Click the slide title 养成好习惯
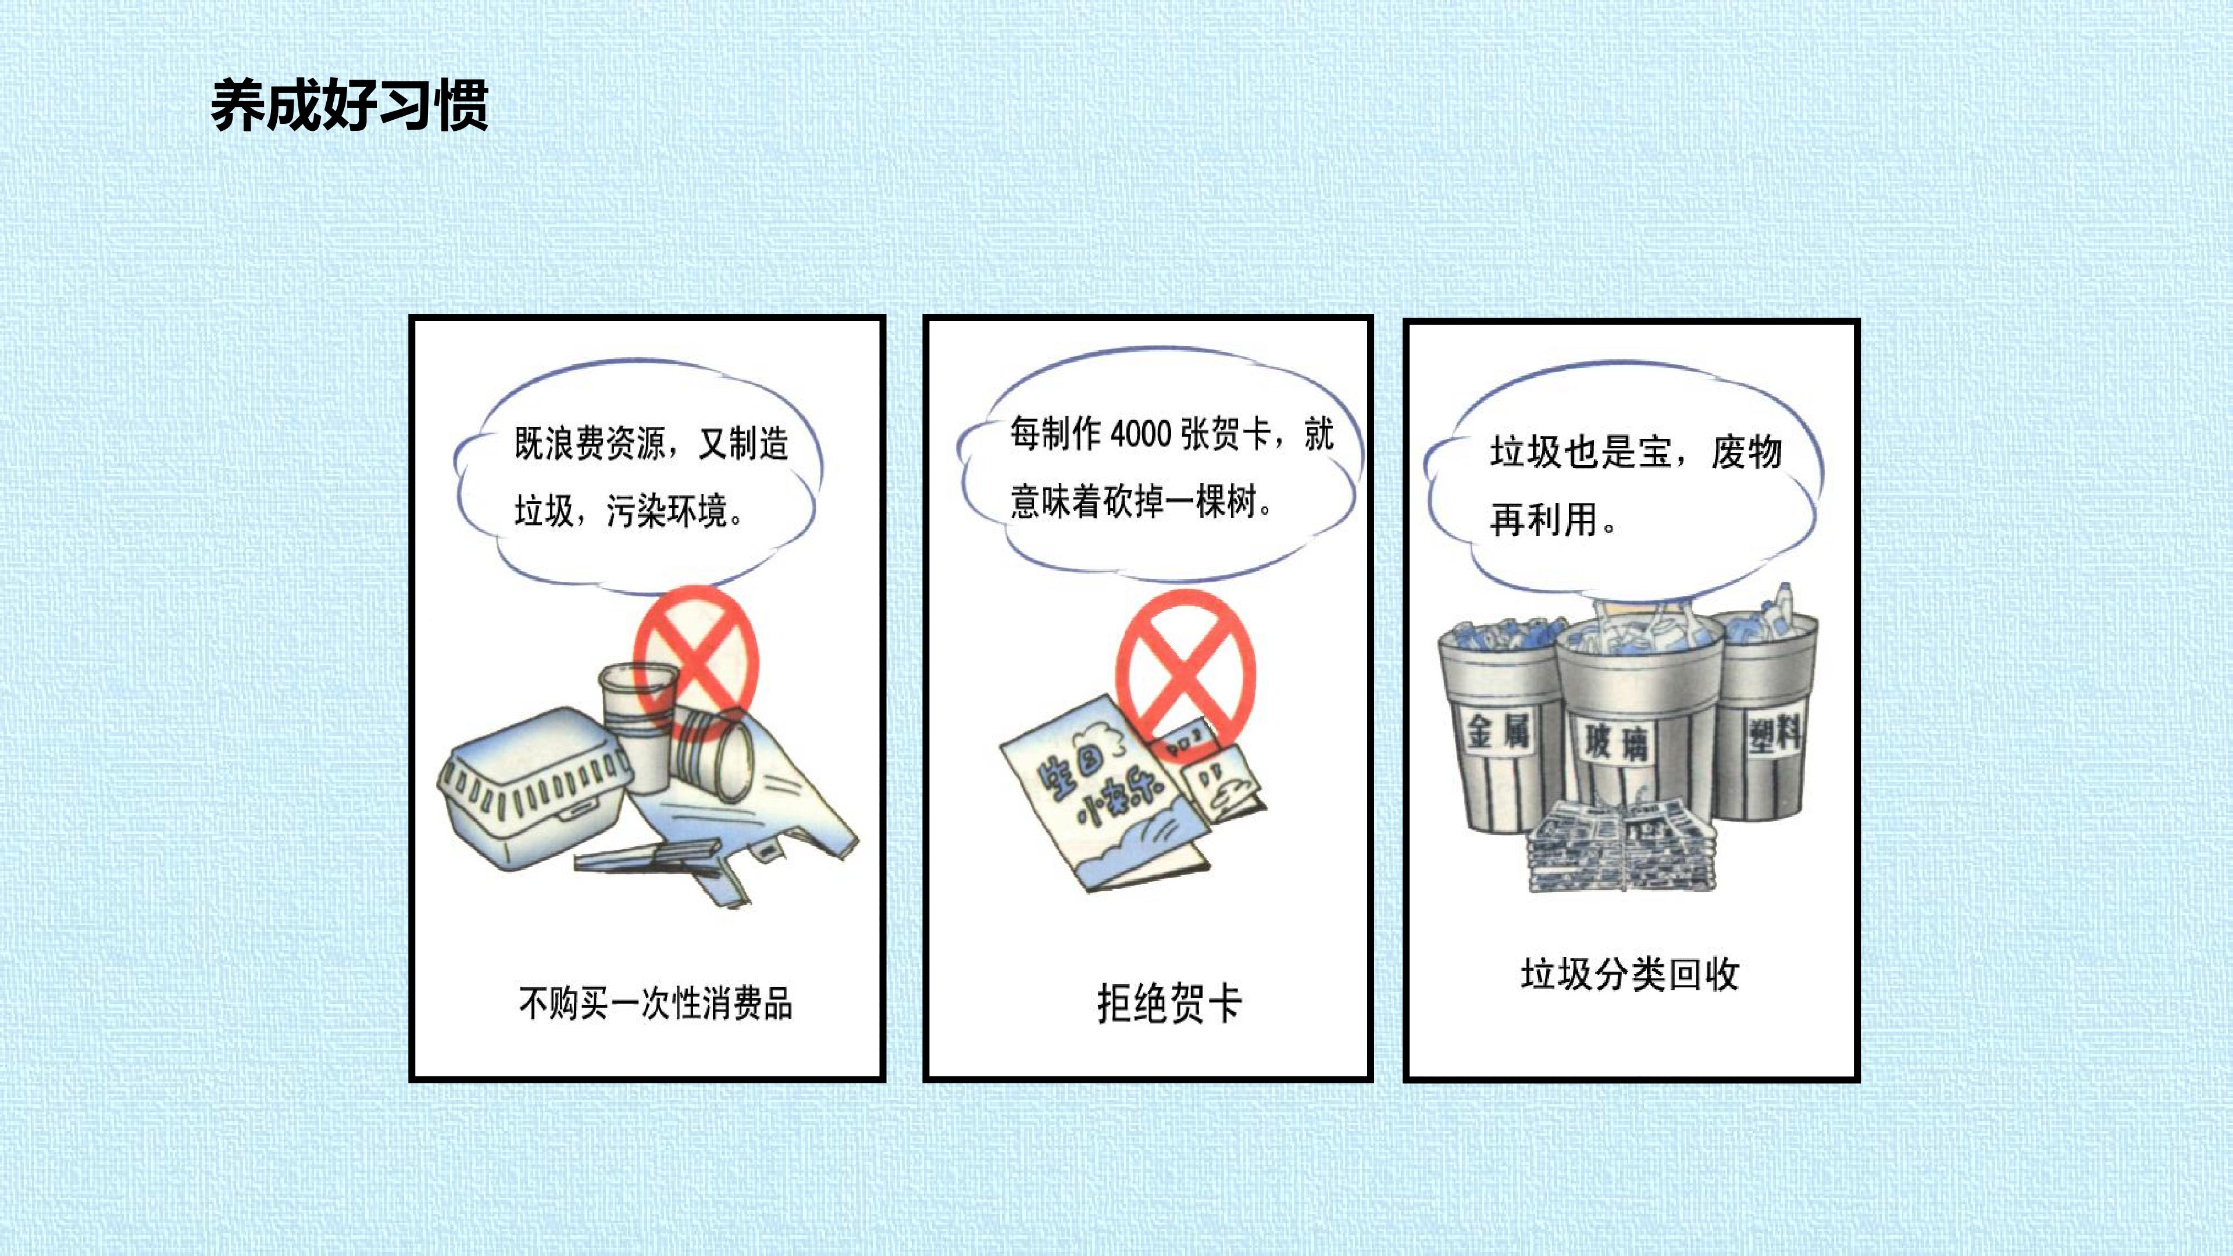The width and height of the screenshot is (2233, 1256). click(349, 106)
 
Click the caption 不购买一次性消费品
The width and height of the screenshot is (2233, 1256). click(655, 1003)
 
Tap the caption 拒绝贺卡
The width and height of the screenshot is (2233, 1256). click(1169, 1004)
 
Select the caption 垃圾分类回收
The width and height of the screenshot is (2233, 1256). click(1629, 975)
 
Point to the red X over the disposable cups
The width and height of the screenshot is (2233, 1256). click(696, 662)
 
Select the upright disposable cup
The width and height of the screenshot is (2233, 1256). click(638, 726)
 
